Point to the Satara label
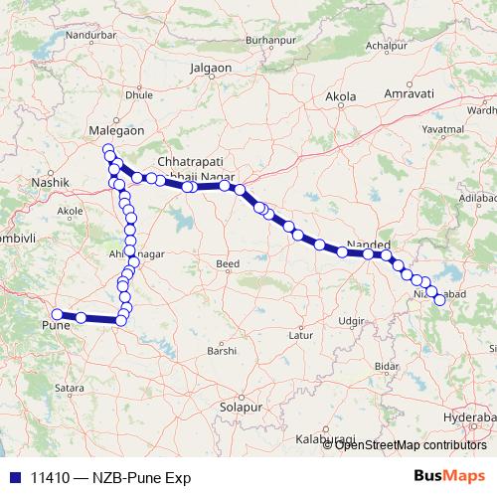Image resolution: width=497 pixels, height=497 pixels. coord(69,387)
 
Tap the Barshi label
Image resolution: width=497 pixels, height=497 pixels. coord(222,351)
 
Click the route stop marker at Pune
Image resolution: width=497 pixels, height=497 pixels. coord(57,314)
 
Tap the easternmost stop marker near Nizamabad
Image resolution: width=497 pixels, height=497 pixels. coord(439,300)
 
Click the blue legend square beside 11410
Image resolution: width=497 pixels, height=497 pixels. coord(16,477)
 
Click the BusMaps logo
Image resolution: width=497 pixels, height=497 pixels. coord(450,476)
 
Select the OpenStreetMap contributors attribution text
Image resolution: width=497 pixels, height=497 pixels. coord(411,444)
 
